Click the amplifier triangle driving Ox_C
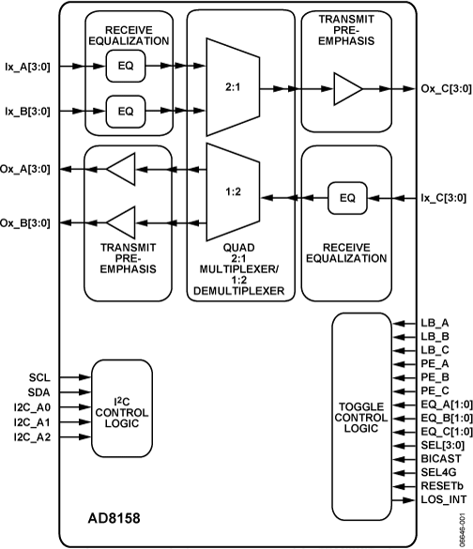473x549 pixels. pos(347,89)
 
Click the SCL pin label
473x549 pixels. pos(40,376)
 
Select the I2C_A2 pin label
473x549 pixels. pos(34,436)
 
